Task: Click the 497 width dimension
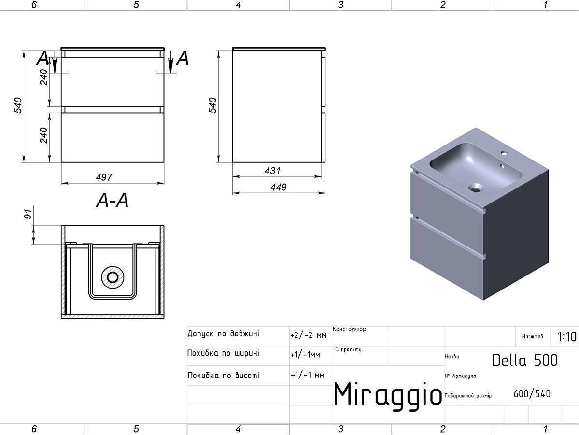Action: tap(104, 177)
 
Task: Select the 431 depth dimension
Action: tap(272, 171)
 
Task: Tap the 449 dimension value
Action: tap(278, 187)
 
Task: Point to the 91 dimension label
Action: tap(28, 214)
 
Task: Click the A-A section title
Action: tap(113, 200)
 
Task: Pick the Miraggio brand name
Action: tap(388, 394)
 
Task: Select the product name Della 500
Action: tap(524, 360)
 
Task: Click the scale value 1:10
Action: tap(566, 336)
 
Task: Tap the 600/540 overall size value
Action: tap(532, 394)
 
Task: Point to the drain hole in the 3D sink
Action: tap(478, 186)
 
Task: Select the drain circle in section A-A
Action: tap(113, 277)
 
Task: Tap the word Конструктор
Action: tap(349, 329)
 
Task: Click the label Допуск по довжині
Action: tap(223, 333)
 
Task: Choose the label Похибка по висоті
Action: tap(223, 375)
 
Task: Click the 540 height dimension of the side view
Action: tap(213, 105)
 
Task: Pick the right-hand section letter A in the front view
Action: tap(183, 58)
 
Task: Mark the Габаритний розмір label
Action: tap(468, 396)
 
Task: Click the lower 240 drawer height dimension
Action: tap(44, 135)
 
